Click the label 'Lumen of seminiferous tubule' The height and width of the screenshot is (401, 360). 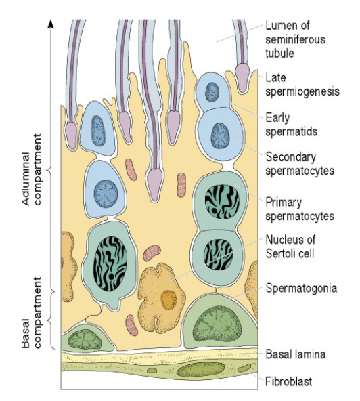pos(295,39)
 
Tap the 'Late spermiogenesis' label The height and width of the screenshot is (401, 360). pos(302,85)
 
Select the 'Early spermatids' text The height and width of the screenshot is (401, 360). pos(291,125)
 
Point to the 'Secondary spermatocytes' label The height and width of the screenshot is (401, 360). pos(300,164)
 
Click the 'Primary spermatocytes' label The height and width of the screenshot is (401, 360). pos(300,209)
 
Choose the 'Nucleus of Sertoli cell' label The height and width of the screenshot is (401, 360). pos(290,247)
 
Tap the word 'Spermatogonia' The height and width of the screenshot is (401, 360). pos(301,288)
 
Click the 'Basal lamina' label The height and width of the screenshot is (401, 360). pos(296,354)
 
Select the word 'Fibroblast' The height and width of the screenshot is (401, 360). pos(289,381)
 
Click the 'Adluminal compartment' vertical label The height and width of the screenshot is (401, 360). pos(31,169)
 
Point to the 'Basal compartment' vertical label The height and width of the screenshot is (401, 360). pos(31,312)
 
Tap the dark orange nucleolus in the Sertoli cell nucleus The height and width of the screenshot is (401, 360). pos(168,299)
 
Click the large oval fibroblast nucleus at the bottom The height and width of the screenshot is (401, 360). pos(200,370)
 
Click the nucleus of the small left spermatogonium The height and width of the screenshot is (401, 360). pos(85,339)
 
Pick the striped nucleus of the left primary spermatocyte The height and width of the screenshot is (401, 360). pos(111,263)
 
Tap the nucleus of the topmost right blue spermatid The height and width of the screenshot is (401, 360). pos(212,92)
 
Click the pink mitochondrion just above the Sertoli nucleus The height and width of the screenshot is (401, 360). pos(152,253)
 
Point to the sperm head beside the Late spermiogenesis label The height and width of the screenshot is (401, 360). pos(242,78)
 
